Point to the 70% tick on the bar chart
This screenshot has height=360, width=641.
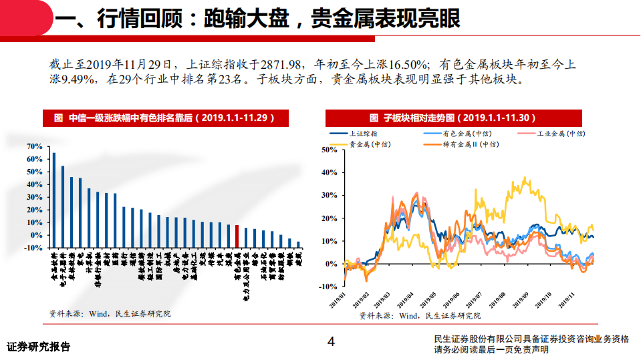tap(34, 146)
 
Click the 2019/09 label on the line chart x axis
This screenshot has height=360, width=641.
tap(520, 299)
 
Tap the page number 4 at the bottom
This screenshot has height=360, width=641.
tap(330, 342)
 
